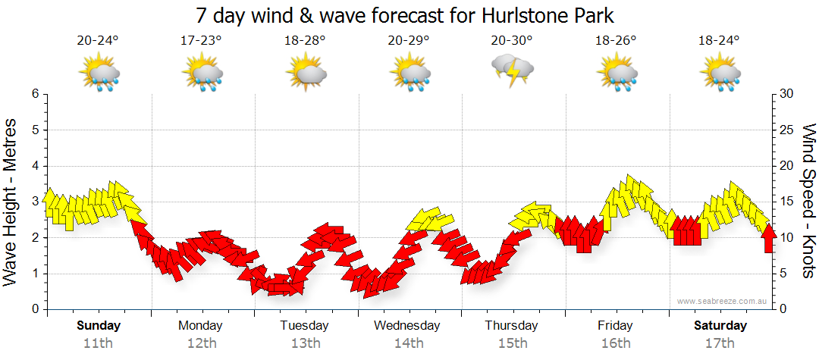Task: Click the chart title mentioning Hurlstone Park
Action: pos(404,15)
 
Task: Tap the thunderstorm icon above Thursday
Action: pos(513,71)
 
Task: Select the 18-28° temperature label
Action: pos(306,42)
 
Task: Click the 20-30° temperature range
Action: pos(512,42)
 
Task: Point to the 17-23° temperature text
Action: pos(202,42)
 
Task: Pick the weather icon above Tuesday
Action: pos(306,74)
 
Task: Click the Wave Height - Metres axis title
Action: pos(11,201)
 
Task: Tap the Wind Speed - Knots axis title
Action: pos(808,201)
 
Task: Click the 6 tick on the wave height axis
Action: pos(34,94)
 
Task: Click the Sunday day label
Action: pos(99,326)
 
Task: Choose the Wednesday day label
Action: pos(407,326)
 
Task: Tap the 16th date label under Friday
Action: pos(615,343)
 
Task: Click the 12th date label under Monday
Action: pos(201,343)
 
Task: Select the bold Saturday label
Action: pos(720,326)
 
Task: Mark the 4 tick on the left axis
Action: pos(34,166)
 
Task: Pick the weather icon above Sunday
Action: pos(99,74)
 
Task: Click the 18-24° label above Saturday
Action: pos(719,42)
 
